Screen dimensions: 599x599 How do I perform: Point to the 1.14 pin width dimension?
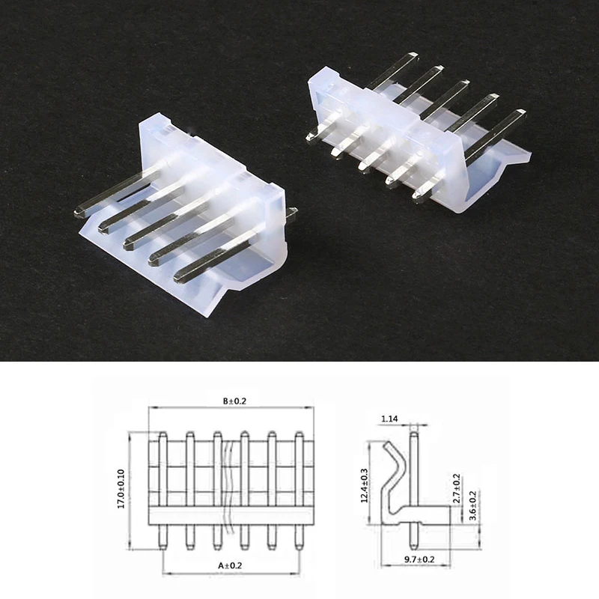389,419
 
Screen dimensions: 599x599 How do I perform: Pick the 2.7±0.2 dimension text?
457,487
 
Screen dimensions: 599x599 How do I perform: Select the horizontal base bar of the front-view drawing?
231,515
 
